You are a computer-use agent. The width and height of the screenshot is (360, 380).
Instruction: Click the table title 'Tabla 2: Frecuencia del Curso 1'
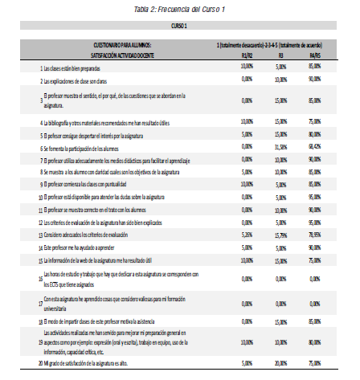(x=179, y=8)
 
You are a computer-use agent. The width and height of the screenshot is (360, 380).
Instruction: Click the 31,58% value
(x=280, y=147)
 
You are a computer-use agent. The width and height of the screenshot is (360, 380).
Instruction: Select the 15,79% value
(x=280, y=235)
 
